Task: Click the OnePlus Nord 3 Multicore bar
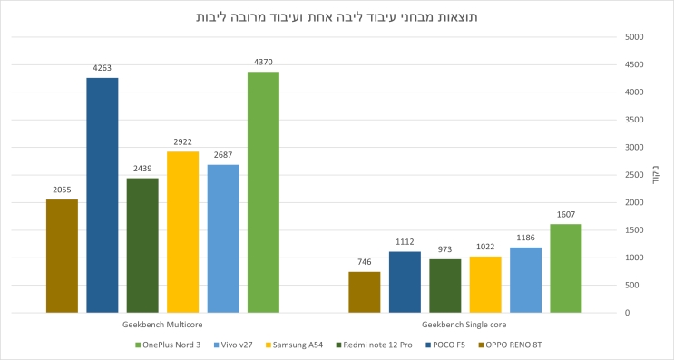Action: (263, 192)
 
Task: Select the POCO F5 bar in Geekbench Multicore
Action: (103, 195)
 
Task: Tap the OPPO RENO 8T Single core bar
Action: (365, 292)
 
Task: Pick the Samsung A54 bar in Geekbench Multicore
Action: (182, 232)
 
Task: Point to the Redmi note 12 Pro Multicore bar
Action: (142, 245)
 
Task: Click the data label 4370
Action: (263, 62)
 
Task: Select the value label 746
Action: (365, 262)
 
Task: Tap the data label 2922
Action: (182, 142)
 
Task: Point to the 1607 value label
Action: (565, 215)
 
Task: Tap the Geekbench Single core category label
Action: (464, 324)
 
